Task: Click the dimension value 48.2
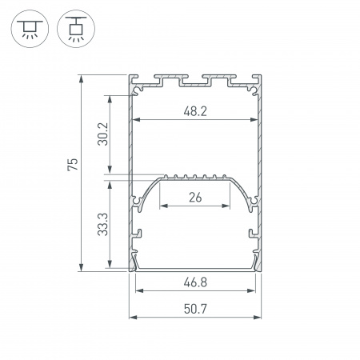pos(196,112)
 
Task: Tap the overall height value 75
pos(73,166)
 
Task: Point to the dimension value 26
pos(196,198)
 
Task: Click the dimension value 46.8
pos(196,282)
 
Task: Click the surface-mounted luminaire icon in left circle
pos(29,28)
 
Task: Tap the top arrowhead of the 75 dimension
pos(82,78)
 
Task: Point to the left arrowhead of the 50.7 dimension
pos(133,318)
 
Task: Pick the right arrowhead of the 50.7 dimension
pos(260,318)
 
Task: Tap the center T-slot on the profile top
pos(196,80)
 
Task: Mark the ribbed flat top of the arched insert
pos(196,177)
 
